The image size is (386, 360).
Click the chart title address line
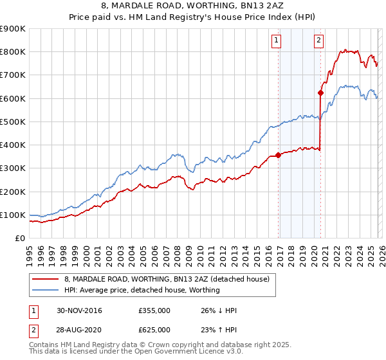coord(193,7)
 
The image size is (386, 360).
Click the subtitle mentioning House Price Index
coord(193,18)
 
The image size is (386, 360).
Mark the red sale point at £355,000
coord(278,155)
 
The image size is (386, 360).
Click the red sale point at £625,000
coord(320,93)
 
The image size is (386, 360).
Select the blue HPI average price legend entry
coord(142,290)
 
